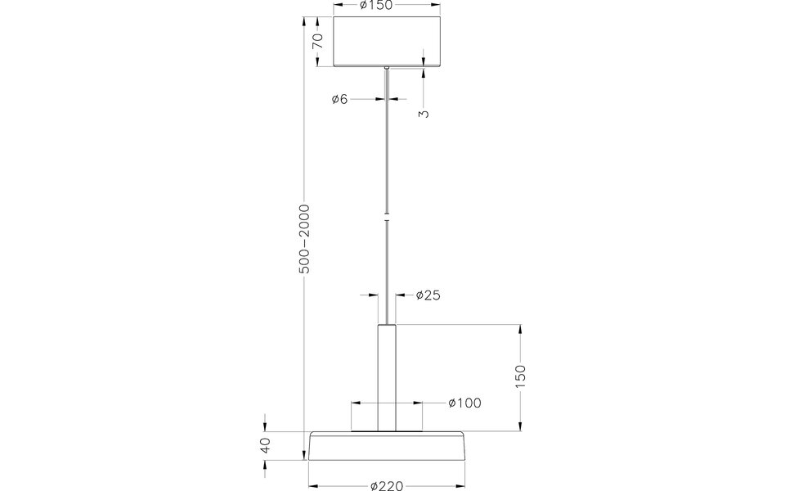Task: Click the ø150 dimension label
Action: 376,6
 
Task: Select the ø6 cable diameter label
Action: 340,99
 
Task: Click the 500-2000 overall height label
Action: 304,238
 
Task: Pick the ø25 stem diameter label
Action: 428,295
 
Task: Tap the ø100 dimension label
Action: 464,403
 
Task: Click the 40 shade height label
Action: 265,446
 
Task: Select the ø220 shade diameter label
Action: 387,485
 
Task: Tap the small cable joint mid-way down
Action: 387,218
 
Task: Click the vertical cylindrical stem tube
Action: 387,376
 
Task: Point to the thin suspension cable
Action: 387,147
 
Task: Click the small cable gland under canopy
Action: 387,69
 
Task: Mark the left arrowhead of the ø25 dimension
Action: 374,295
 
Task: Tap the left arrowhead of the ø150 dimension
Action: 338,6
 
